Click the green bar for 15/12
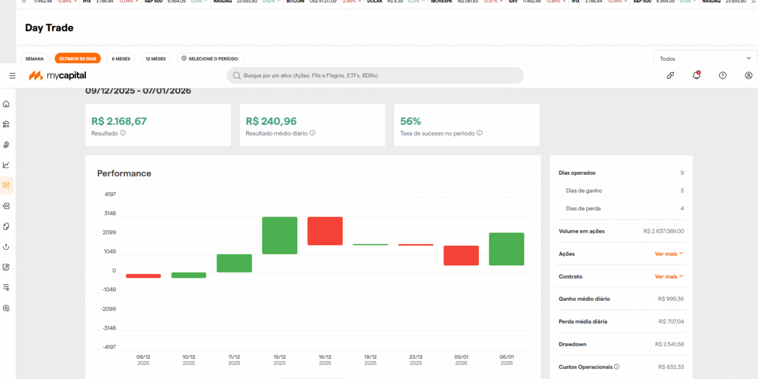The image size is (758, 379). (280, 235)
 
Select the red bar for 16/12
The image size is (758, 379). (325, 231)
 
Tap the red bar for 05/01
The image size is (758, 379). (461, 255)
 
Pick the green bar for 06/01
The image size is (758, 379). (506, 249)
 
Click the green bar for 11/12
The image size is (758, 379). (234, 263)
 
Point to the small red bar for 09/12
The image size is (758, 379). (143, 276)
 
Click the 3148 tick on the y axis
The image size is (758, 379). (110, 213)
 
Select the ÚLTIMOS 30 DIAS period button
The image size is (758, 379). (78, 59)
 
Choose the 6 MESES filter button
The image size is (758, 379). (121, 59)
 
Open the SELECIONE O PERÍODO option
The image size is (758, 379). (210, 59)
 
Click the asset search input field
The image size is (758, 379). (375, 75)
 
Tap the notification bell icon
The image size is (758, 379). (696, 75)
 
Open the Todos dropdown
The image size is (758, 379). (705, 59)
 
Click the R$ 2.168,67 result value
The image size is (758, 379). (119, 121)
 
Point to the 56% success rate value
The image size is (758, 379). (410, 121)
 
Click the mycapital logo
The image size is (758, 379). (57, 75)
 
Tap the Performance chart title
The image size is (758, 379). (124, 174)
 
